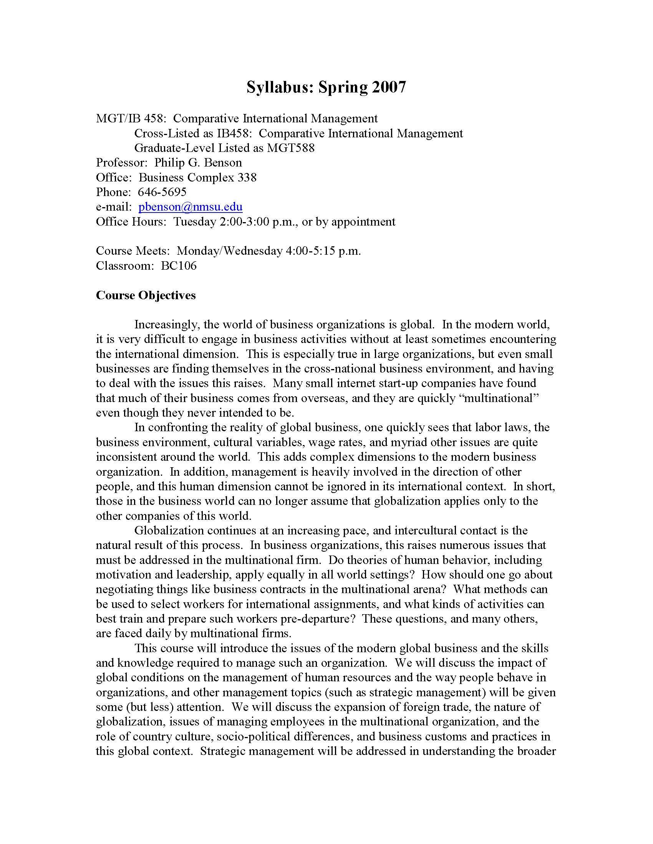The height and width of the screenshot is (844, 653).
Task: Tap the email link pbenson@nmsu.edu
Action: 190,207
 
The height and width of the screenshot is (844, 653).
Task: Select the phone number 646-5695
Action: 162,192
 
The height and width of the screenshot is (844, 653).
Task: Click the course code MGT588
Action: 290,148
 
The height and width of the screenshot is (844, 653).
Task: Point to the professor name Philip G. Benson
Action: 198,163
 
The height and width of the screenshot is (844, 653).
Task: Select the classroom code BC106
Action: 179,265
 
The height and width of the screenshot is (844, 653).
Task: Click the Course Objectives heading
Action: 146,295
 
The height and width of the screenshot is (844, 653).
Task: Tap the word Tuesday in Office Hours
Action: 194,221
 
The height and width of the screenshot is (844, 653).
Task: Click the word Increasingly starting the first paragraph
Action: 166,325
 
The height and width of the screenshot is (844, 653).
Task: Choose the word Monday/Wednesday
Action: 229,251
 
